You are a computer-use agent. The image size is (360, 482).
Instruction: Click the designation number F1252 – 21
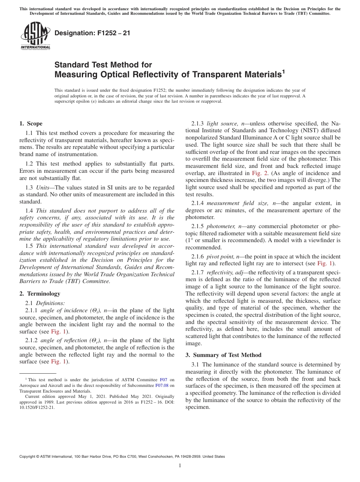tap(92, 33)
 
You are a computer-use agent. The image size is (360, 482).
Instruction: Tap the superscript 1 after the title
tap(283, 71)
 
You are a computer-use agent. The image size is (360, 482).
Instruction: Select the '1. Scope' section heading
tap(31, 124)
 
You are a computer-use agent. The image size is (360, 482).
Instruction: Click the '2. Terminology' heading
tap(40, 294)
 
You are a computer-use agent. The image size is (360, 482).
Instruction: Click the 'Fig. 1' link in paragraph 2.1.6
tap(326, 263)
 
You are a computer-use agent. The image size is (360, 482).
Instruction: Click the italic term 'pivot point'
tap(221, 257)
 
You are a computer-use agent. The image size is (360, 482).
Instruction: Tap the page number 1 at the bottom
tap(180, 465)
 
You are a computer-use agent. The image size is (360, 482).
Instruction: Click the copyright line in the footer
tap(122, 457)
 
